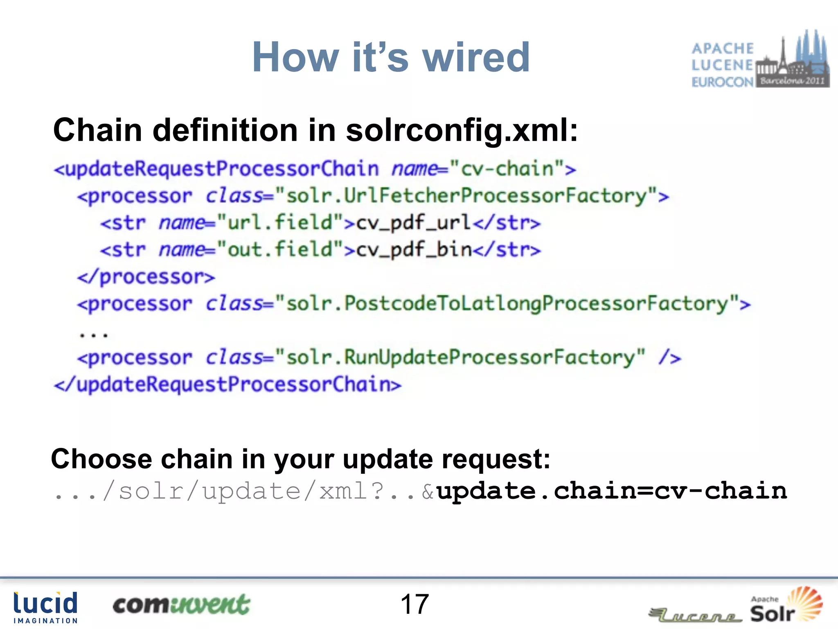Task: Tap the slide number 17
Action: click(414, 604)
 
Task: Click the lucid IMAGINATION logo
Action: click(45, 607)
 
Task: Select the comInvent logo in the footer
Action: click(181, 605)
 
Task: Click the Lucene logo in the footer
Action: click(696, 614)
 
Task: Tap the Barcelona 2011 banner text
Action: click(792, 81)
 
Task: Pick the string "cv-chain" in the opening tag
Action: click(507, 169)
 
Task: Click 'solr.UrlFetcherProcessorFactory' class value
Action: click(466, 196)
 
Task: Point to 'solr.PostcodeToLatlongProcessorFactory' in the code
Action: click(507, 304)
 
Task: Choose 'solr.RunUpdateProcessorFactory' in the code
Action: click(460, 358)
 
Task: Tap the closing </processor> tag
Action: click(146, 277)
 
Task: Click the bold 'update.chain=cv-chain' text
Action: click(612, 491)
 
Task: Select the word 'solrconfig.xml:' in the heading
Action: click(462, 130)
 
